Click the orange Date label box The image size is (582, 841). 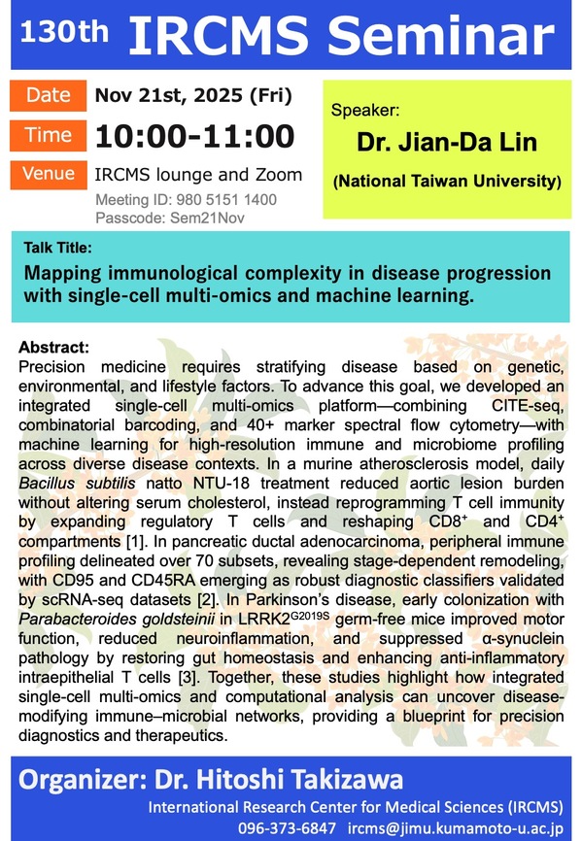click(49, 95)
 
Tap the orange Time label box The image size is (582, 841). click(49, 136)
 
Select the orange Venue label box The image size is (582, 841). click(49, 174)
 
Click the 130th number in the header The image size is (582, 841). click(64, 32)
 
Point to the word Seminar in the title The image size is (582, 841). click(441, 35)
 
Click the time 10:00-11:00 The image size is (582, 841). click(195, 136)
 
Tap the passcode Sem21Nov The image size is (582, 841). click(207, 219)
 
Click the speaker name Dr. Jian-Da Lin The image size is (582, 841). click(447, 142)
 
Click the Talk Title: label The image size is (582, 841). click(58, 248)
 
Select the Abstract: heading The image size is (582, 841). click(53, 348)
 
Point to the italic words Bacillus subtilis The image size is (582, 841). click(77, 484)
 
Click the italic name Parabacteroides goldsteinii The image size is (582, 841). click(117, 620)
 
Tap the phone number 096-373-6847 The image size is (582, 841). click(287, 828)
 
